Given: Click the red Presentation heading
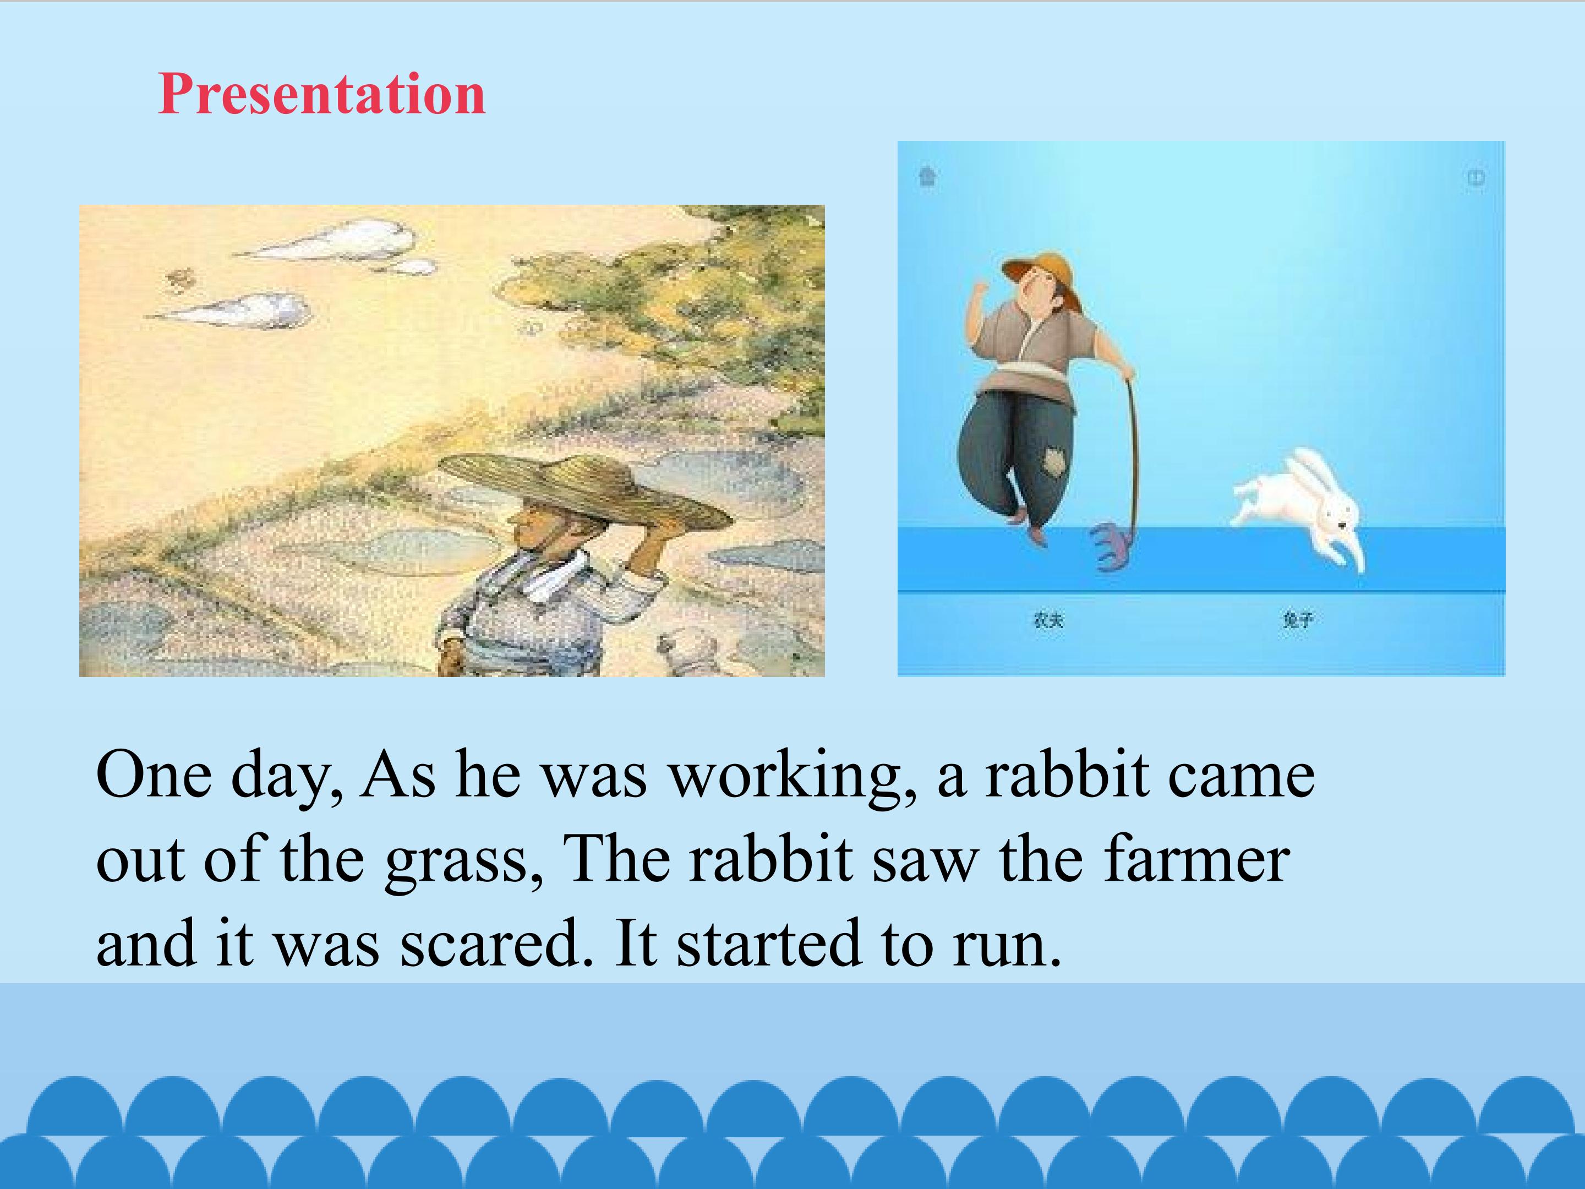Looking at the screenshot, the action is pyautogui.click(x=322, y=95).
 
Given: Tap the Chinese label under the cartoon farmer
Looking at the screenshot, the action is pyautogui.click(x=1048, y=620).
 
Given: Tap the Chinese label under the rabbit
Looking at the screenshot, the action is pyautogui.click(x=1298, y=620).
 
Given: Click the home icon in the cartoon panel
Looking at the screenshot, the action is pyautogui.click(x=928, y=176).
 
